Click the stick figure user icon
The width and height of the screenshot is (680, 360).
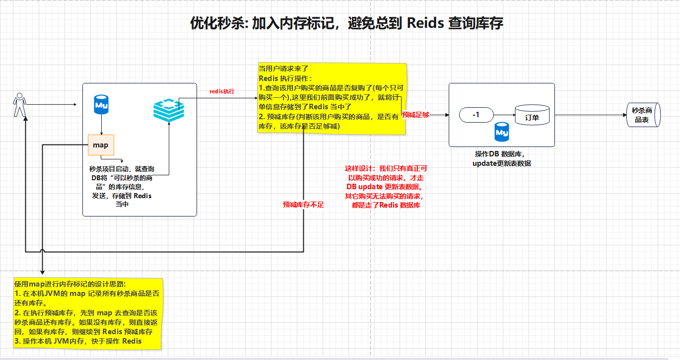pos(20,105)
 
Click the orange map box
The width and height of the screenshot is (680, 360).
pos(101,145)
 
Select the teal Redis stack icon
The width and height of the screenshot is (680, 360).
pos(169,110)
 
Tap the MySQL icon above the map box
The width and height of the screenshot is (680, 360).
pos(101,104)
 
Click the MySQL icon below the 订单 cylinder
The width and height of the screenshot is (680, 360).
pos(502,132)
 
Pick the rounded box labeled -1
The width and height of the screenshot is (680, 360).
pos(476,115)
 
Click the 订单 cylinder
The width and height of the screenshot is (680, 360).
pos(532,115)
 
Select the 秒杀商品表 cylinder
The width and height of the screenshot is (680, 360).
pos(643,115)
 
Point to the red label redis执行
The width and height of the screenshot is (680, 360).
pos(222,91)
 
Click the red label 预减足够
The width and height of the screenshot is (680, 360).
pos(415,115)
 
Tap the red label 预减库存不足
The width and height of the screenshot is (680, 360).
pos(303,205)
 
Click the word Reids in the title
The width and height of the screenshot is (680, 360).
pos(425,23)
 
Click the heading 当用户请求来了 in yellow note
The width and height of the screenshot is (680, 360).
pos(283,69)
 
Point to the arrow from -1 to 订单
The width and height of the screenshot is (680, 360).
pos(504,115)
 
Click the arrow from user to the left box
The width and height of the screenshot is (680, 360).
pos(52,104)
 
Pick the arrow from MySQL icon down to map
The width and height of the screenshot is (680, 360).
pos(101,125)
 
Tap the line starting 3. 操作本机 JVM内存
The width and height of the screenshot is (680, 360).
pos(78,341)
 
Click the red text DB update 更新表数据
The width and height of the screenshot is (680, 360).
pos(385,187)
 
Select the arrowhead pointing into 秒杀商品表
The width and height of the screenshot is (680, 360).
pos(625,115)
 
